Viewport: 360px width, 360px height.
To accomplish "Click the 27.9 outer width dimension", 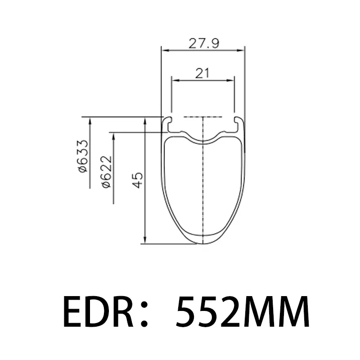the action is click(204, 43).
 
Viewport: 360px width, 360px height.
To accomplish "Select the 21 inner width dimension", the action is click(202, 73).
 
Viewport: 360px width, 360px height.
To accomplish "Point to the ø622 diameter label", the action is click(107, 172).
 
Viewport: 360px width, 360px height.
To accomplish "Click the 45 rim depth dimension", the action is click(138, 180).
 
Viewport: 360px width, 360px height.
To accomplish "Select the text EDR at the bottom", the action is click(98, 311).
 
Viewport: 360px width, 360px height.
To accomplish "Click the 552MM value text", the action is click(243, 311).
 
